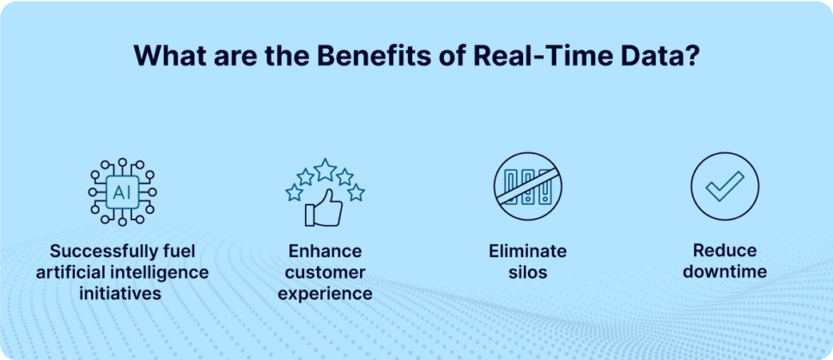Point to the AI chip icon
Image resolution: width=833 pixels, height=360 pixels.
click(x=122, y=191)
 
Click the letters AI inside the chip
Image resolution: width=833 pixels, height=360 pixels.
click(x=122, y=192)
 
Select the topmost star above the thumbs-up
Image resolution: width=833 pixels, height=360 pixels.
click(x=325, y=169)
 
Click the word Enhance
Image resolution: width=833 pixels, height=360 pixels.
click(x=325, y=252)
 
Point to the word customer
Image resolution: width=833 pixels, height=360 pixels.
click(x=325, y=272)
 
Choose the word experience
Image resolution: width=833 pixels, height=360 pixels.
click(x=325, y=293)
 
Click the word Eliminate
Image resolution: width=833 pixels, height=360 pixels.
click(x=527, y=252)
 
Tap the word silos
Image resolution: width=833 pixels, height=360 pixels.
click(x=527, y=272)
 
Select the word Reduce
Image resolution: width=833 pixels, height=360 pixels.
click(x=726, y=252)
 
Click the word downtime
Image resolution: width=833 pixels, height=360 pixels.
click(x=726, y=272)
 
